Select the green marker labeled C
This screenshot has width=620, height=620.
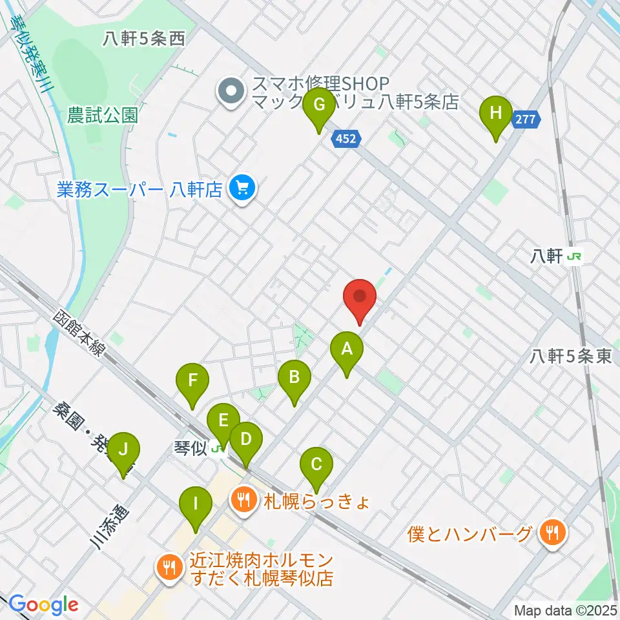pyautogui.click(x=316, y=465)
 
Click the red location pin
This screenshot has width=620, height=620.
pyautogui.click(x=359, y=298)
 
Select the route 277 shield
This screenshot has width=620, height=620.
pyautogui.click(x=526, y=119)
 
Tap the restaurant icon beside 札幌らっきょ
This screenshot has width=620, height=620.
pyautogui.click(x=243, y=500)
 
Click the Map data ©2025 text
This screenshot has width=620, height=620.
pyautogui.click(x=565, y=610)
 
